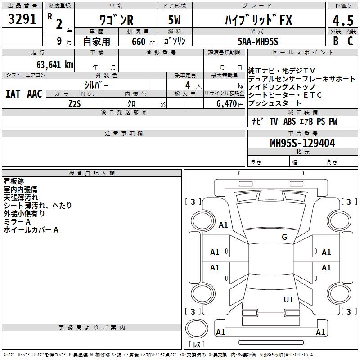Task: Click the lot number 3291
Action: [22, 19]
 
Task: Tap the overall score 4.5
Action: [343, 21]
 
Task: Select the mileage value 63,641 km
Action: [55, 65]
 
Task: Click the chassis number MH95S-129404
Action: [302, 143]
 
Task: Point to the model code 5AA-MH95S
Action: [258, 41]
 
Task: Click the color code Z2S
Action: [75, 104]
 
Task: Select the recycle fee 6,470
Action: [226, 104]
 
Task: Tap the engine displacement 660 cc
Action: [143, 42]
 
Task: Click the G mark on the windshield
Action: [284, 237]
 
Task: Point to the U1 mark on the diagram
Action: [288, 299]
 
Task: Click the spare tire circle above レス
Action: [197, 328]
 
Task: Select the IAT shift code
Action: [13, 94]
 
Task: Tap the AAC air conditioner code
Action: [35, 94]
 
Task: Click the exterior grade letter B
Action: [336, 41]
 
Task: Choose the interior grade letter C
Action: [350, 41]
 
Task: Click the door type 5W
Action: [174, 20]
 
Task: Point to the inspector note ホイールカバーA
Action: [31, 230]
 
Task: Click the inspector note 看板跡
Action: [14, 181]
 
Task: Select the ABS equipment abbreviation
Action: [289, 121]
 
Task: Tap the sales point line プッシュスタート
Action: [274, 103]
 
